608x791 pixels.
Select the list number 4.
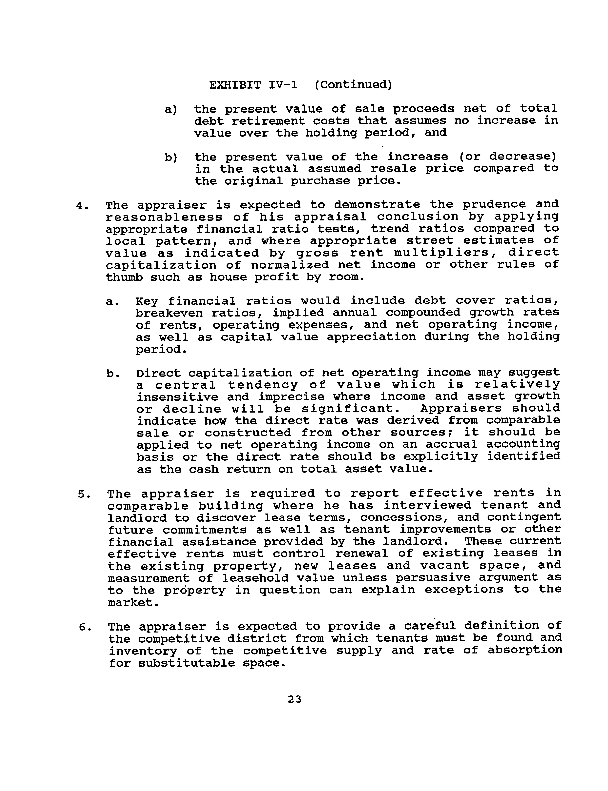click(82, 206)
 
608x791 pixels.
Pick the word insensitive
click(177, 397)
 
